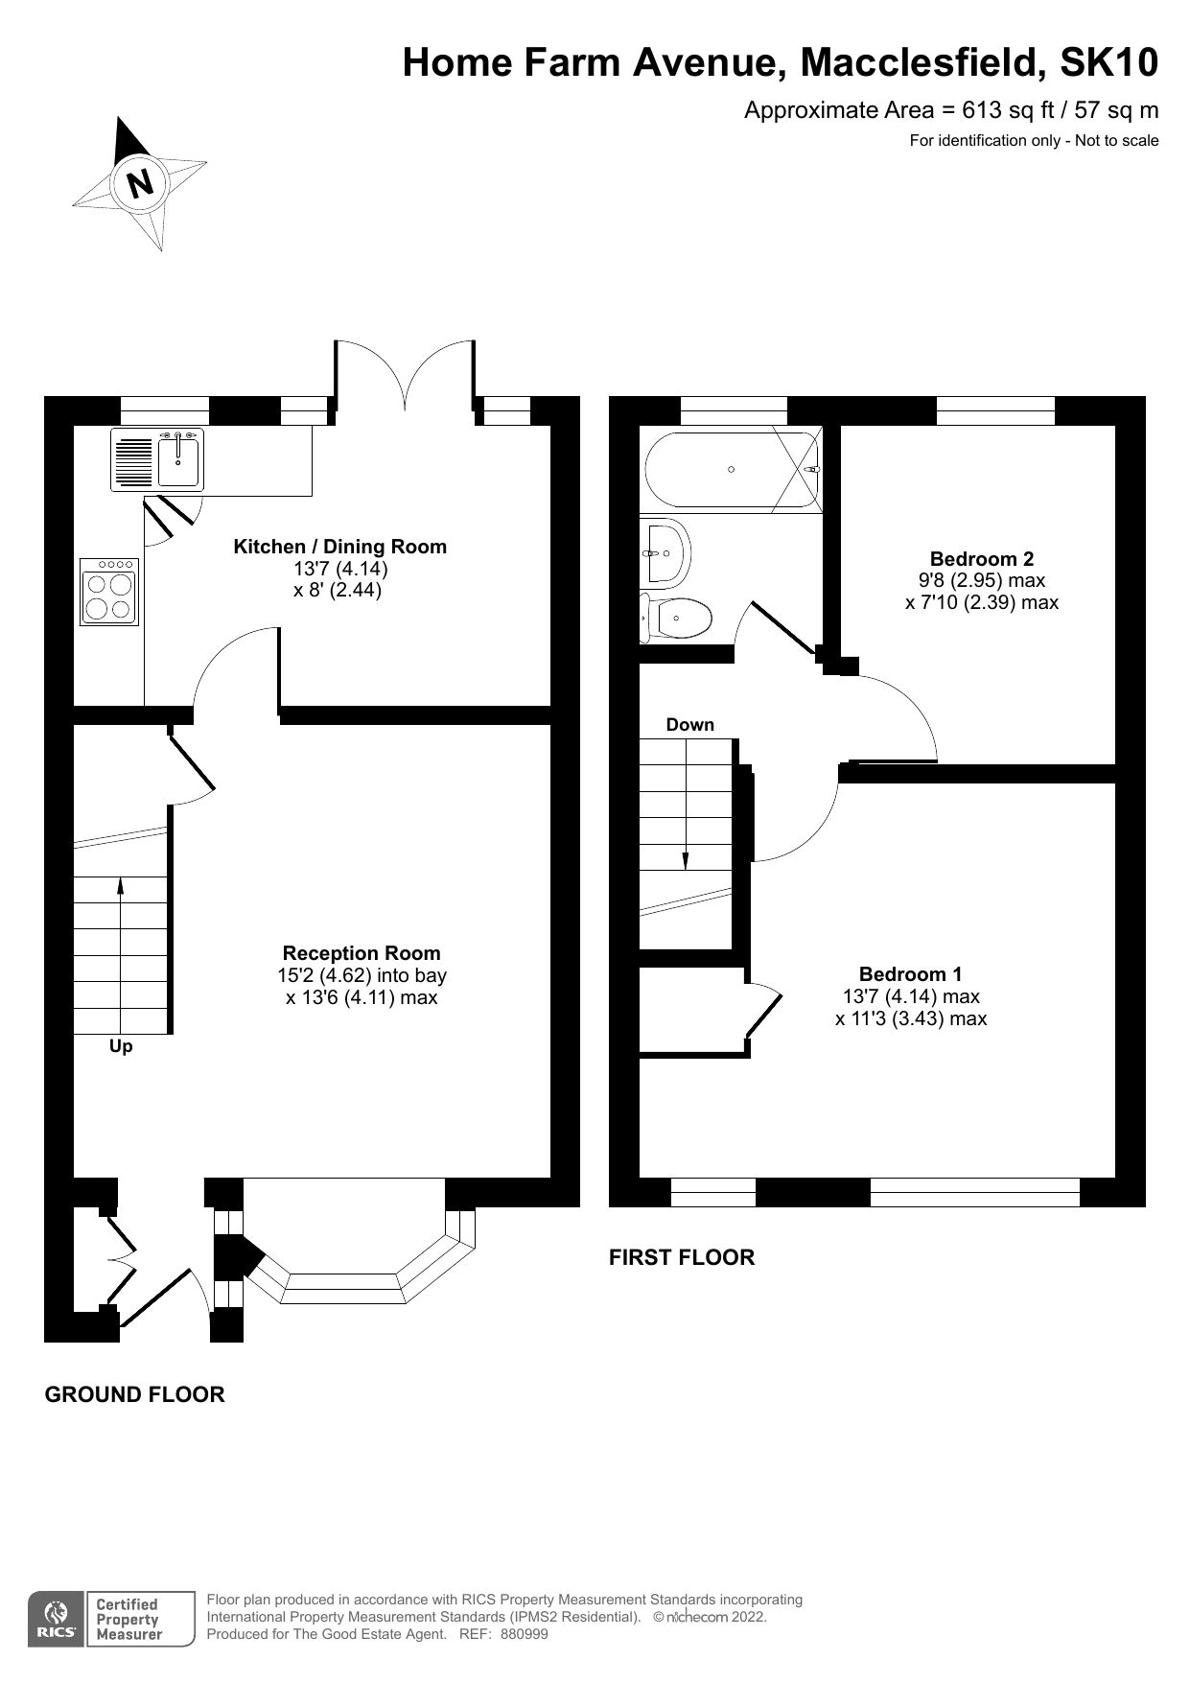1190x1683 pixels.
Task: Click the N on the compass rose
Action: (x=141, y=182)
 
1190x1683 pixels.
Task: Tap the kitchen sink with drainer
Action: (x=159, y=458)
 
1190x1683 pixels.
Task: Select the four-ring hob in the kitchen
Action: (x=109, y=592)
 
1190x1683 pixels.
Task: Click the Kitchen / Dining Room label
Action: (x=339, y=547)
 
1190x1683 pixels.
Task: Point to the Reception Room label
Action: (x=362, y=953)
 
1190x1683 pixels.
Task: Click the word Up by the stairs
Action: (x=121, y=1046)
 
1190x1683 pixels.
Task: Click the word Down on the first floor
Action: (x=690, y=725)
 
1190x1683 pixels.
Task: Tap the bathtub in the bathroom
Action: (x=731, y=469)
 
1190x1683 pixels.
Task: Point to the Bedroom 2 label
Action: (x=981, y=559)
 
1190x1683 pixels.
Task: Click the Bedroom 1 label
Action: (x=910, y=974)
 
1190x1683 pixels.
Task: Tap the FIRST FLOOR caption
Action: (x=681, y=1257)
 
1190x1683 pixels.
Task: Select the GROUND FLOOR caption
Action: (x=134, y=1395)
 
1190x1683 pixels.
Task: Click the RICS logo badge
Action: (x=55, y=1620)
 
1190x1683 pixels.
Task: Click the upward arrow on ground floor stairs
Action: (x=121, y=887)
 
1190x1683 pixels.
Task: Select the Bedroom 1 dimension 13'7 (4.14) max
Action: (x=910, y=996)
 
